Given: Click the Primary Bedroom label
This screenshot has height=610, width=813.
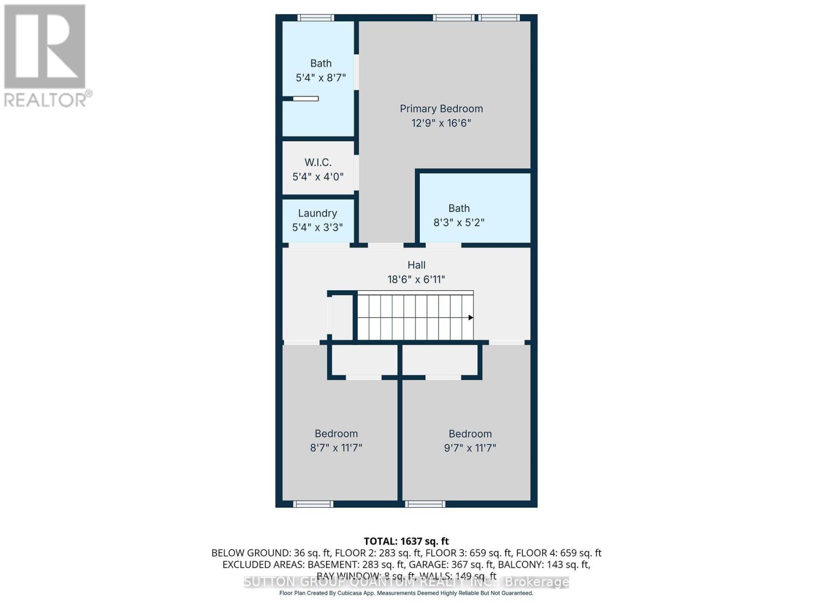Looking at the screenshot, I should pos(441,109).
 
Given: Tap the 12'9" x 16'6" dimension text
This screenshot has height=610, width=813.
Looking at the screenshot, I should pos(441,123).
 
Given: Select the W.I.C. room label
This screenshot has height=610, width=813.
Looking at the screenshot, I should pos(318,162).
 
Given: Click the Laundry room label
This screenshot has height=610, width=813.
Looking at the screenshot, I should pos(318,213).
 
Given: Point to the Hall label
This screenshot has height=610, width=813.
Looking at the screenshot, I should pos(416,265).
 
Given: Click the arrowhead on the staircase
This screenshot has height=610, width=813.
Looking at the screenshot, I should pos(471,318).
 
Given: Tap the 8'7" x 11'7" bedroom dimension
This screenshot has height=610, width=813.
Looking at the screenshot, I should pos(336,448).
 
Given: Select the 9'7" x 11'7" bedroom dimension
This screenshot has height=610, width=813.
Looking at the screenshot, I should pos(470,448).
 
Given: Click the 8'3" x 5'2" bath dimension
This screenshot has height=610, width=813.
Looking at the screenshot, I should pos(459,223).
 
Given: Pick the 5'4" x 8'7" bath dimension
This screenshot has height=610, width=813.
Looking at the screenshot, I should pos(321,78).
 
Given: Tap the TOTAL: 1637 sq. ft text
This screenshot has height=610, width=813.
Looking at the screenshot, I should pos(406,541).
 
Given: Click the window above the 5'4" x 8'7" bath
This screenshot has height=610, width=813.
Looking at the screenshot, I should pos(316,18).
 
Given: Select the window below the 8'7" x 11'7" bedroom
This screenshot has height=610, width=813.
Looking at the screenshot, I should pos(313,504).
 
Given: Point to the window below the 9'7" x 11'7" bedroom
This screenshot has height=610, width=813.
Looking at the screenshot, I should pos(425,504).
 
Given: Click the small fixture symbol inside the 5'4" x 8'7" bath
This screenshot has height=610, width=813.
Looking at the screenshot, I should pos(305,99).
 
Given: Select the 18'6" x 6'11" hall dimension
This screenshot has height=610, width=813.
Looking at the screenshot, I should pos(416,279).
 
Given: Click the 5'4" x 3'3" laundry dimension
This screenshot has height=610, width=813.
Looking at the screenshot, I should pos(318,227).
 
